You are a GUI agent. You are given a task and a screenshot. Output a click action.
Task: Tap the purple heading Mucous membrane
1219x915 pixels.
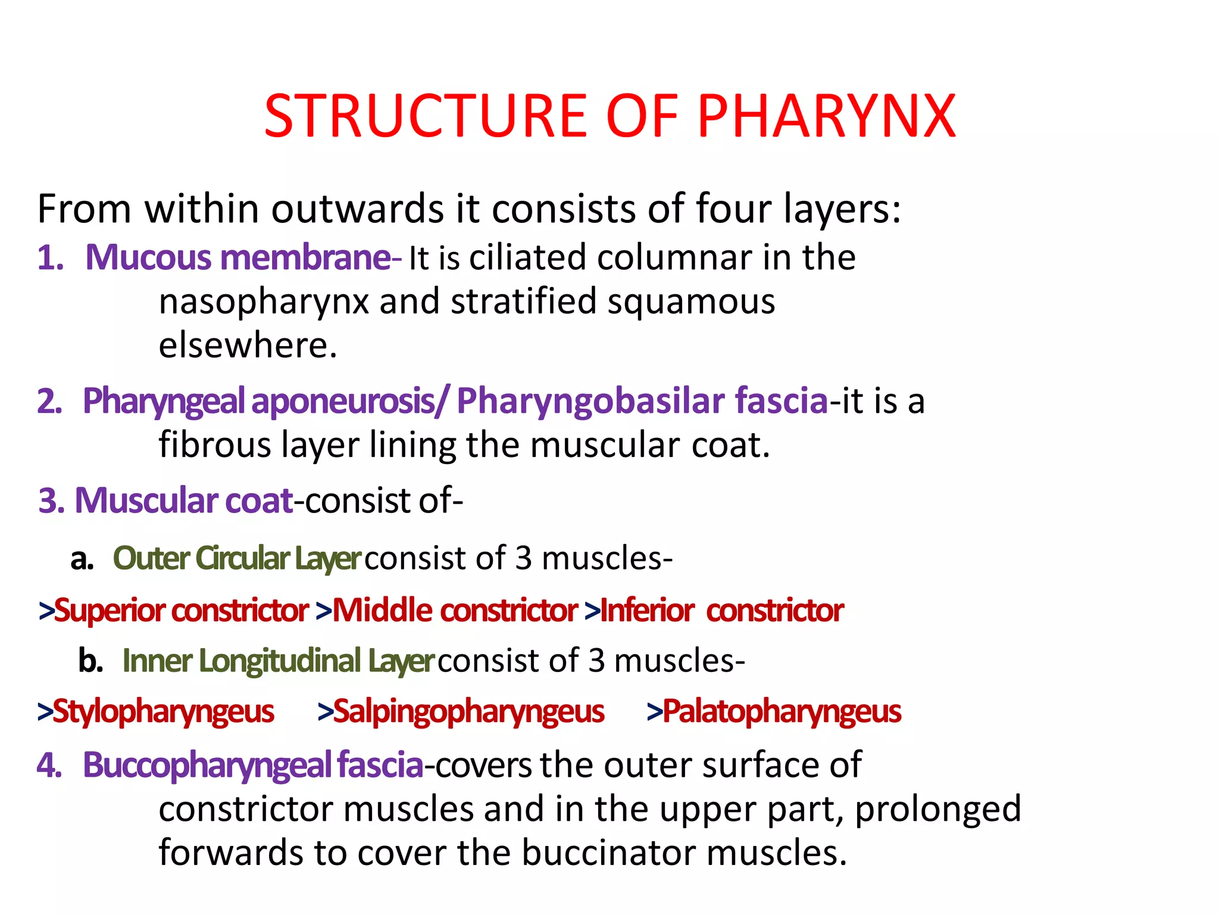[x=238, y=258]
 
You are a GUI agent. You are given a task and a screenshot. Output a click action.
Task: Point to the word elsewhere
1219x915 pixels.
[x=248, y=346]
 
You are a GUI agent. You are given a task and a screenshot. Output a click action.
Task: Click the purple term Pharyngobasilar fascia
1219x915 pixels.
[x=642, y=400]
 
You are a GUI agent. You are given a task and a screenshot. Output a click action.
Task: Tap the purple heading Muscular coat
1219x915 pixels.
[x=184, y=500]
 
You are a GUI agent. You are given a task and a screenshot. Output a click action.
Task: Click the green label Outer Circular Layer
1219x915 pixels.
[x=236, y=559]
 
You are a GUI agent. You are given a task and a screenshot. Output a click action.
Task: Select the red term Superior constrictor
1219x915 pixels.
[x=181, y=611]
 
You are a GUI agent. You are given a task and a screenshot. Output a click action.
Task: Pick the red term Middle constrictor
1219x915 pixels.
[x=455, y=611]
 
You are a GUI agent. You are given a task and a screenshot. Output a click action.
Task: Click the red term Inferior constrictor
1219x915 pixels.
[x=721, y=611]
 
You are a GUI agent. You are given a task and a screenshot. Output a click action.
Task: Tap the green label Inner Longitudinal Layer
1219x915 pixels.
[x=277, y=661]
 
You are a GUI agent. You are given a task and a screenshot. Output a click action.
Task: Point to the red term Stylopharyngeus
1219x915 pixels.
[x=163, y=712]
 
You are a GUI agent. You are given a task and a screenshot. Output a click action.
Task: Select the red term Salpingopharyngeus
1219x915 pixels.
[x=468, y=712]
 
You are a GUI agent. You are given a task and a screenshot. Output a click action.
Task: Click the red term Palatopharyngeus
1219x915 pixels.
[x=782, y=712]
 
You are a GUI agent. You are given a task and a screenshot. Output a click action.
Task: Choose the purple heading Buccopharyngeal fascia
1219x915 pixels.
[x=253, y=765]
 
